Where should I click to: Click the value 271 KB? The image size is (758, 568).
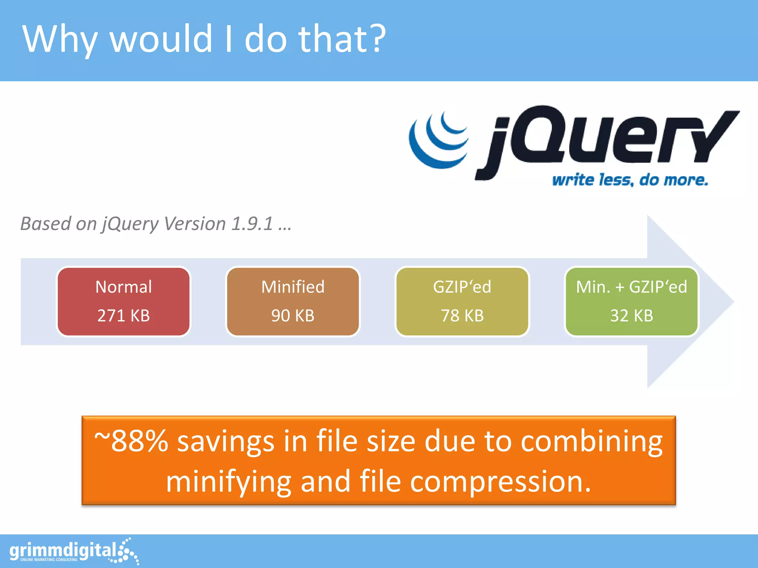pos(124,316)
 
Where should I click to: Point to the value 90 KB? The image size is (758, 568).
pos(293,316)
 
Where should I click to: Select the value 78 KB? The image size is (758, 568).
pos(462,316)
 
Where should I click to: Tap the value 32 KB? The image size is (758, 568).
pos(631,316)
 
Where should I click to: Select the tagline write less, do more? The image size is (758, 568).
pos(630,180)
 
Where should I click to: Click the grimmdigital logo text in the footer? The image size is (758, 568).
pos(63,551)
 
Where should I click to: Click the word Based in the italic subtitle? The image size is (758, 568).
pos(46,223)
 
